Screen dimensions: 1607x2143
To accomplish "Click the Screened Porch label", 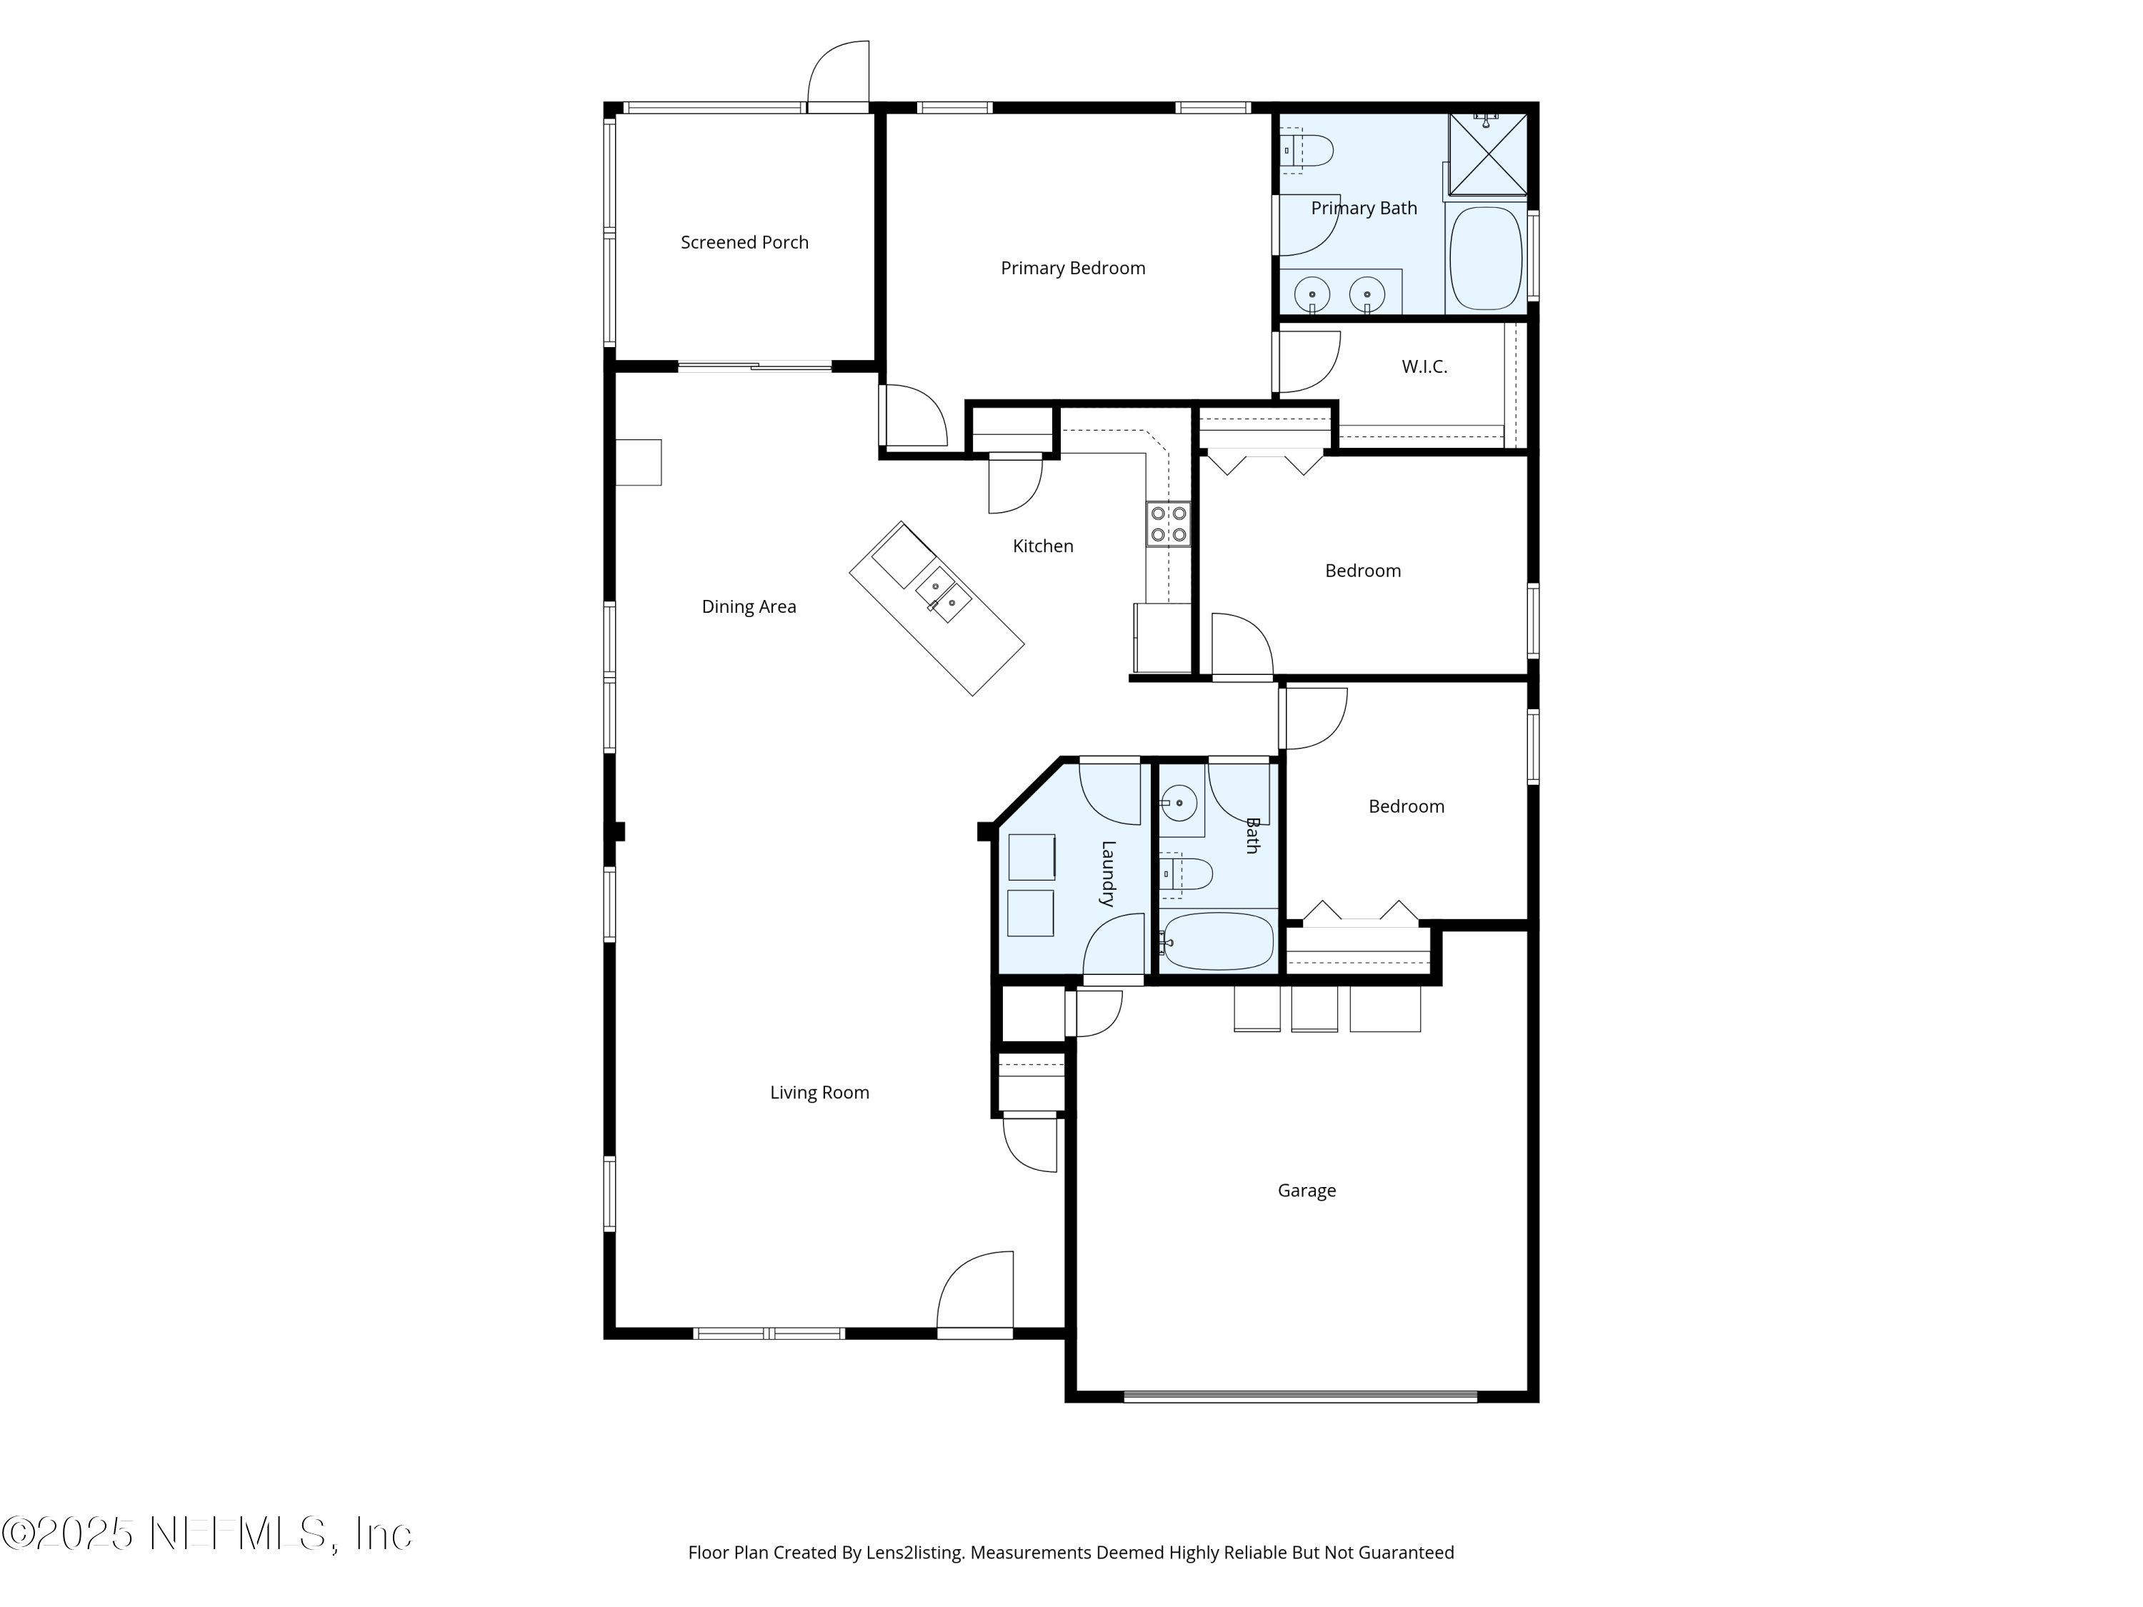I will (x=744, y=242).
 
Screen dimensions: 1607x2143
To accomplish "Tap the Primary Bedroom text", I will (x=1072, y=269).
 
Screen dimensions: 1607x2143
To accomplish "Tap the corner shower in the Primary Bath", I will (x=1488, y=152).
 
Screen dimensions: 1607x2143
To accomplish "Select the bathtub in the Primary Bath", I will (x=1485, y=259).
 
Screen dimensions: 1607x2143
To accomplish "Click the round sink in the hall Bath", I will (x=1179, y=803).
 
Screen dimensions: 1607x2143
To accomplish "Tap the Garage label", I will (x=1306, y=1191).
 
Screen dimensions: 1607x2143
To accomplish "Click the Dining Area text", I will (x=749, y=607).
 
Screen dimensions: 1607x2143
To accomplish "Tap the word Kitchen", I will (x=1042, y=546).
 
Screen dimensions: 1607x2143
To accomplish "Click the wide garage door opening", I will (x=1300, y=1396).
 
